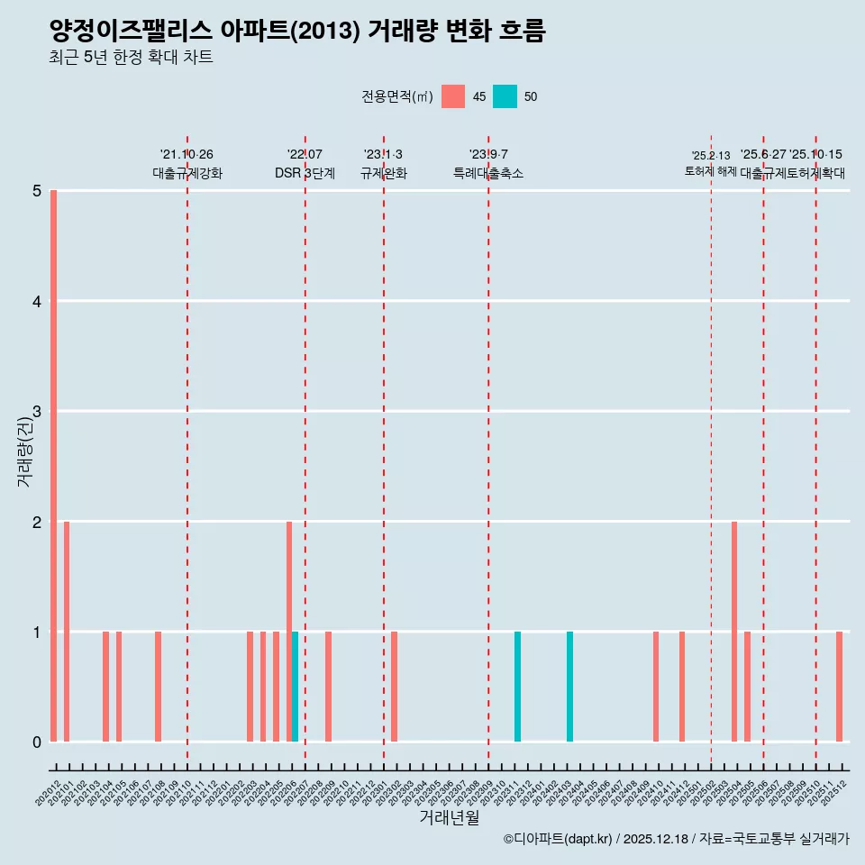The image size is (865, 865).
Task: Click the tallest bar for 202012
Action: (x=54, y=466)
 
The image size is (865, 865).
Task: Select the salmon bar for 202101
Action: (x=67, y=632)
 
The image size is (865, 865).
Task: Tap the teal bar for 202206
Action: (x=295, y=687)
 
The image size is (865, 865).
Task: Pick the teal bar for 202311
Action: (x=517, y=687)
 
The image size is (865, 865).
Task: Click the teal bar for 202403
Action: (x=569, y=687)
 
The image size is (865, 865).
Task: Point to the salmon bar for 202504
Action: (x=734, y=632)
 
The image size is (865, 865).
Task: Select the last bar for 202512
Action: (x=839, y=687)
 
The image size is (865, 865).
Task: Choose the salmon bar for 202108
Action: (x=159, y=687)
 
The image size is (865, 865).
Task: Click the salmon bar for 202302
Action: (x=395, y=687)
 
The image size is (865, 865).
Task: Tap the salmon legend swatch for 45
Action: (x=453, y=96)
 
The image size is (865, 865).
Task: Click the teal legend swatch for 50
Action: (x=505, y=96)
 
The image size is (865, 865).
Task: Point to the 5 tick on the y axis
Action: (x=37, y=191)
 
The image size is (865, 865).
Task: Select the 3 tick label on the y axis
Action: (x=37, y=412)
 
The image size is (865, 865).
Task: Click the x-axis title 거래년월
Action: (x=449, y=817)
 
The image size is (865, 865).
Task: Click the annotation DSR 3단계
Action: (x=305, y=173)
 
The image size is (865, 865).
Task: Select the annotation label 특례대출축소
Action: (x=487, y=173)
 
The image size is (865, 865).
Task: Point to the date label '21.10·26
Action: (x=187, y=154)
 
